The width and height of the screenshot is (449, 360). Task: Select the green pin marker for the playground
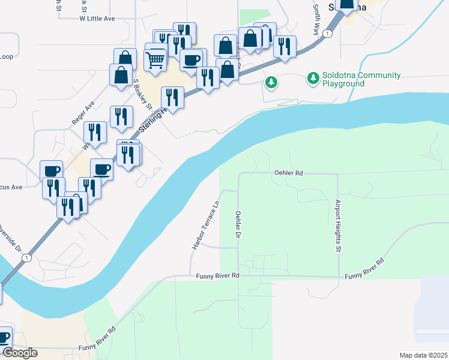click(313, 77)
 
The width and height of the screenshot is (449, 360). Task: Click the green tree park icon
click(271, 82)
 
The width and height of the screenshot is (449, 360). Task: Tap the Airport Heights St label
click(338, 226)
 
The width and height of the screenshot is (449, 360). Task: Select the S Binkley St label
click(140, 95)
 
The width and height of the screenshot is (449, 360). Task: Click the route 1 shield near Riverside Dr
click(26, 257)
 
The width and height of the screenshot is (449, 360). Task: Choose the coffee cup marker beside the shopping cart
click(191, 60)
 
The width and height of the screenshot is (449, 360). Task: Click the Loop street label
click(7, 57)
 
